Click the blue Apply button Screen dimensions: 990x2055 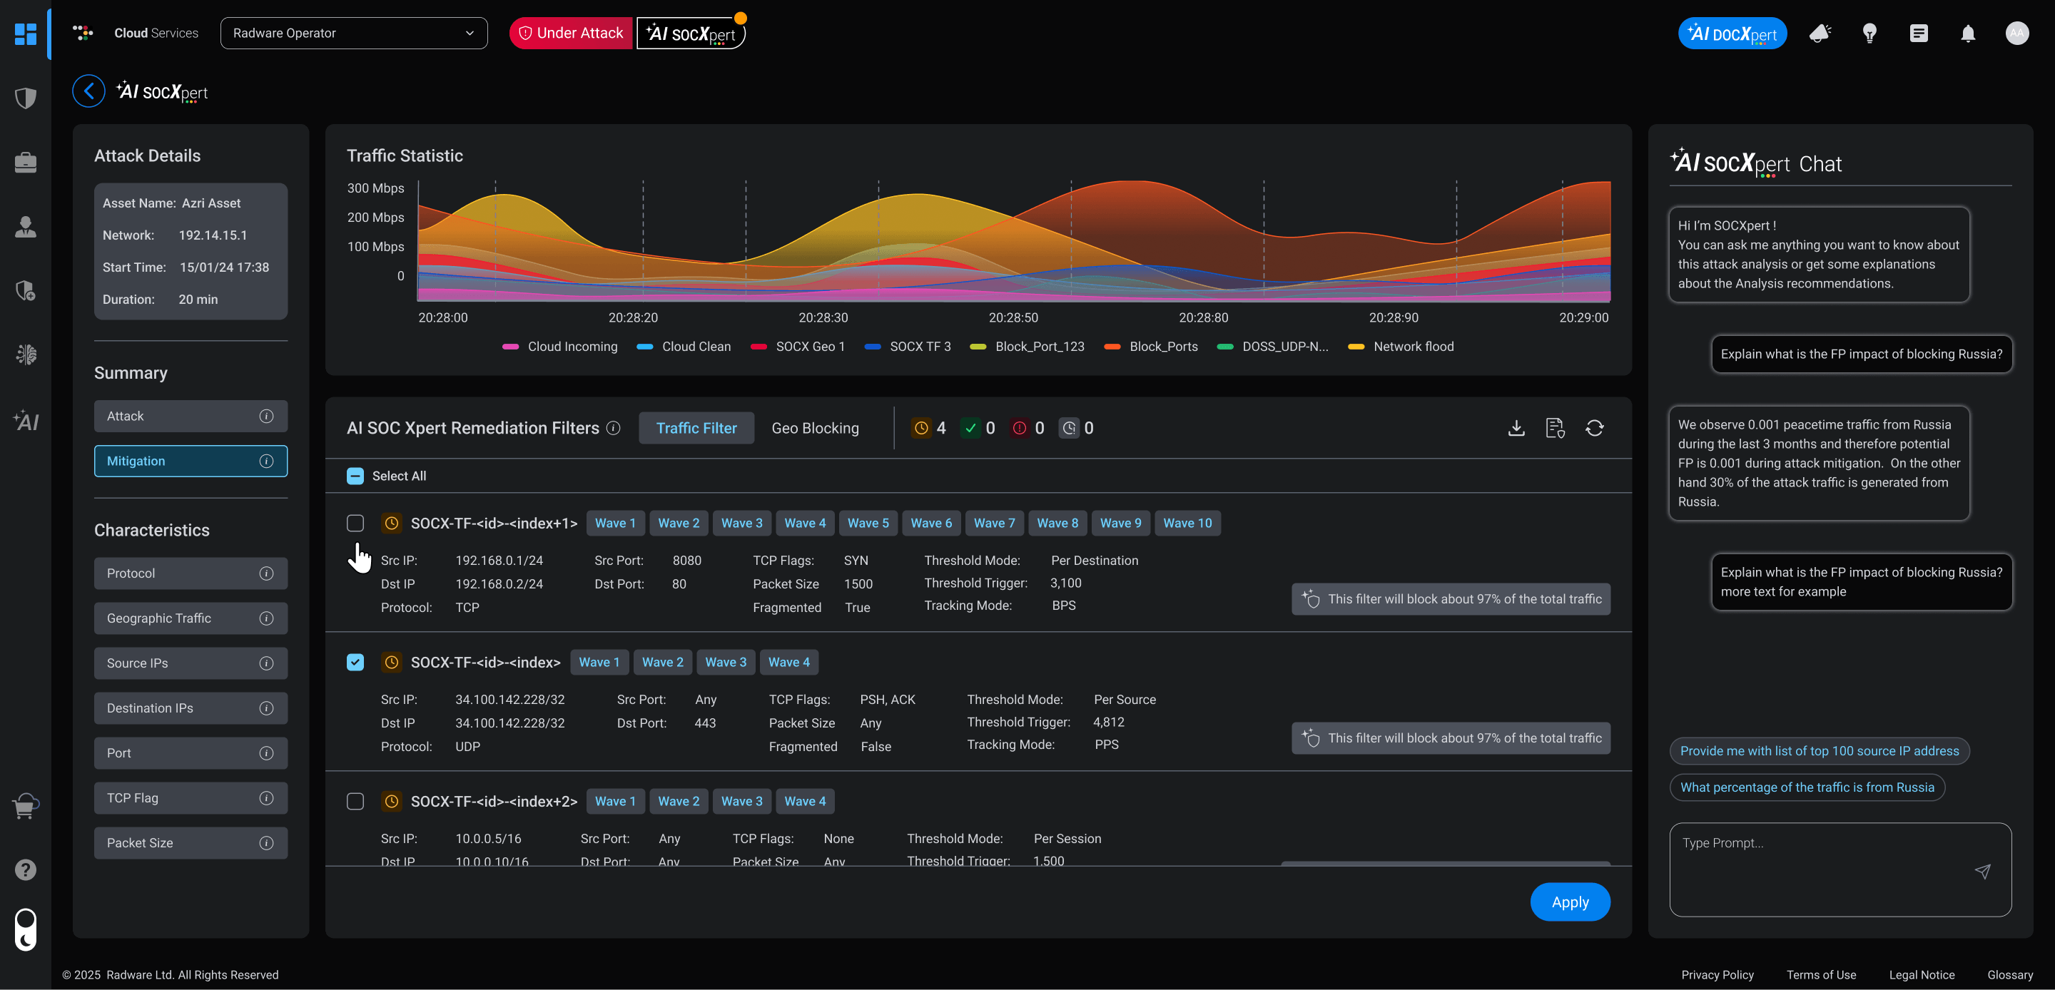pos(1569,902)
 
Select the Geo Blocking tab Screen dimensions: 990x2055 pos(814,429)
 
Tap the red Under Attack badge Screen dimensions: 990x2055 pos(570,33)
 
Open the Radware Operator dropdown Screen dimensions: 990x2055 pos(353,33)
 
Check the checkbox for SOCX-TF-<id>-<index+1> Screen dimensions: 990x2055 pos(355,524)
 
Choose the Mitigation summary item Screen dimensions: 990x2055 pos(191,461)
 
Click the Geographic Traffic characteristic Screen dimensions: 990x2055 pos(191,618)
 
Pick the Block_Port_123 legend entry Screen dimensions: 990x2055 pos(1039,346)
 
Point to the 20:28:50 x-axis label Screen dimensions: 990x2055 pos(1013,317)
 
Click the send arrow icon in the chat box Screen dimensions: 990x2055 pos(1982,871)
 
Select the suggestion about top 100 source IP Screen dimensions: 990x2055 pos(1819,750)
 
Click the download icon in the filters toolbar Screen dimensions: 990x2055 pos(1516,429)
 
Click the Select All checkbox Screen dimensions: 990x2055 pos(355,476)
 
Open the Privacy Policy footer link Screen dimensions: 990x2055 pos(1717,975)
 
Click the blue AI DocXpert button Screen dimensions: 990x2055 pos(1732,34)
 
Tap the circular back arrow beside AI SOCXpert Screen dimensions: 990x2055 pos(88,91)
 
